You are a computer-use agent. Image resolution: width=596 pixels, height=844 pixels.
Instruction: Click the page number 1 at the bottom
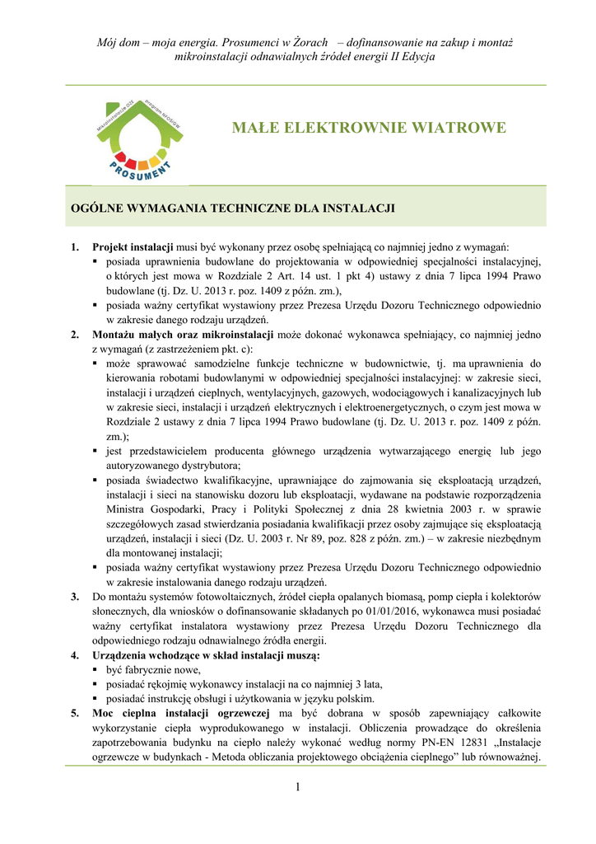point(298,788)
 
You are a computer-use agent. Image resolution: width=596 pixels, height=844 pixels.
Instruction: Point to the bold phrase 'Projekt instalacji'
point(133,246)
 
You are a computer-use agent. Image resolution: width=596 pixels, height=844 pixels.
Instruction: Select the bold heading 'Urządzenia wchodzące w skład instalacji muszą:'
point(207,655)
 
